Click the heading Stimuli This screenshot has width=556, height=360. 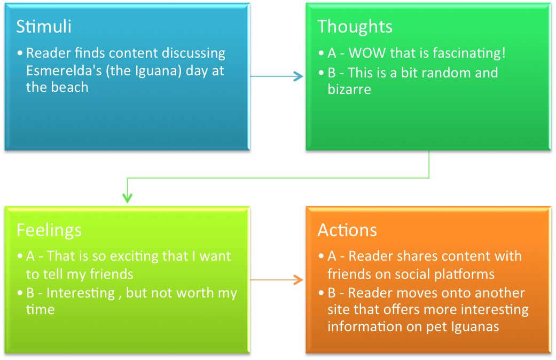pyautogui.click(x=44, y=27)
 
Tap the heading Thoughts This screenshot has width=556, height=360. pyautogui.click(x=355, y=27)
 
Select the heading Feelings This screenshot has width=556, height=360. pyautogui.click(x=49, y=231)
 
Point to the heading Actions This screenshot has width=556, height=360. pyautogui.click(x=347, y=230)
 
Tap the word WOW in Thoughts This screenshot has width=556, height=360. pyautogui.click(x=367, y=53)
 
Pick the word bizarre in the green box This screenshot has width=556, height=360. pyautogui.click(x=349, y=89)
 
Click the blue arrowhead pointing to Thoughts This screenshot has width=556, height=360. pyautogui.click(x=299, y=76)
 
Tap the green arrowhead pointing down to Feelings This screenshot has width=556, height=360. pyautogui.click(x=127, y=198)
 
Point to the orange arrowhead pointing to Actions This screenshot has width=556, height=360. pyautogui.click(x=299, y=280)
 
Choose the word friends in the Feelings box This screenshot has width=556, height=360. pyautogui.click(x=111, y=274)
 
